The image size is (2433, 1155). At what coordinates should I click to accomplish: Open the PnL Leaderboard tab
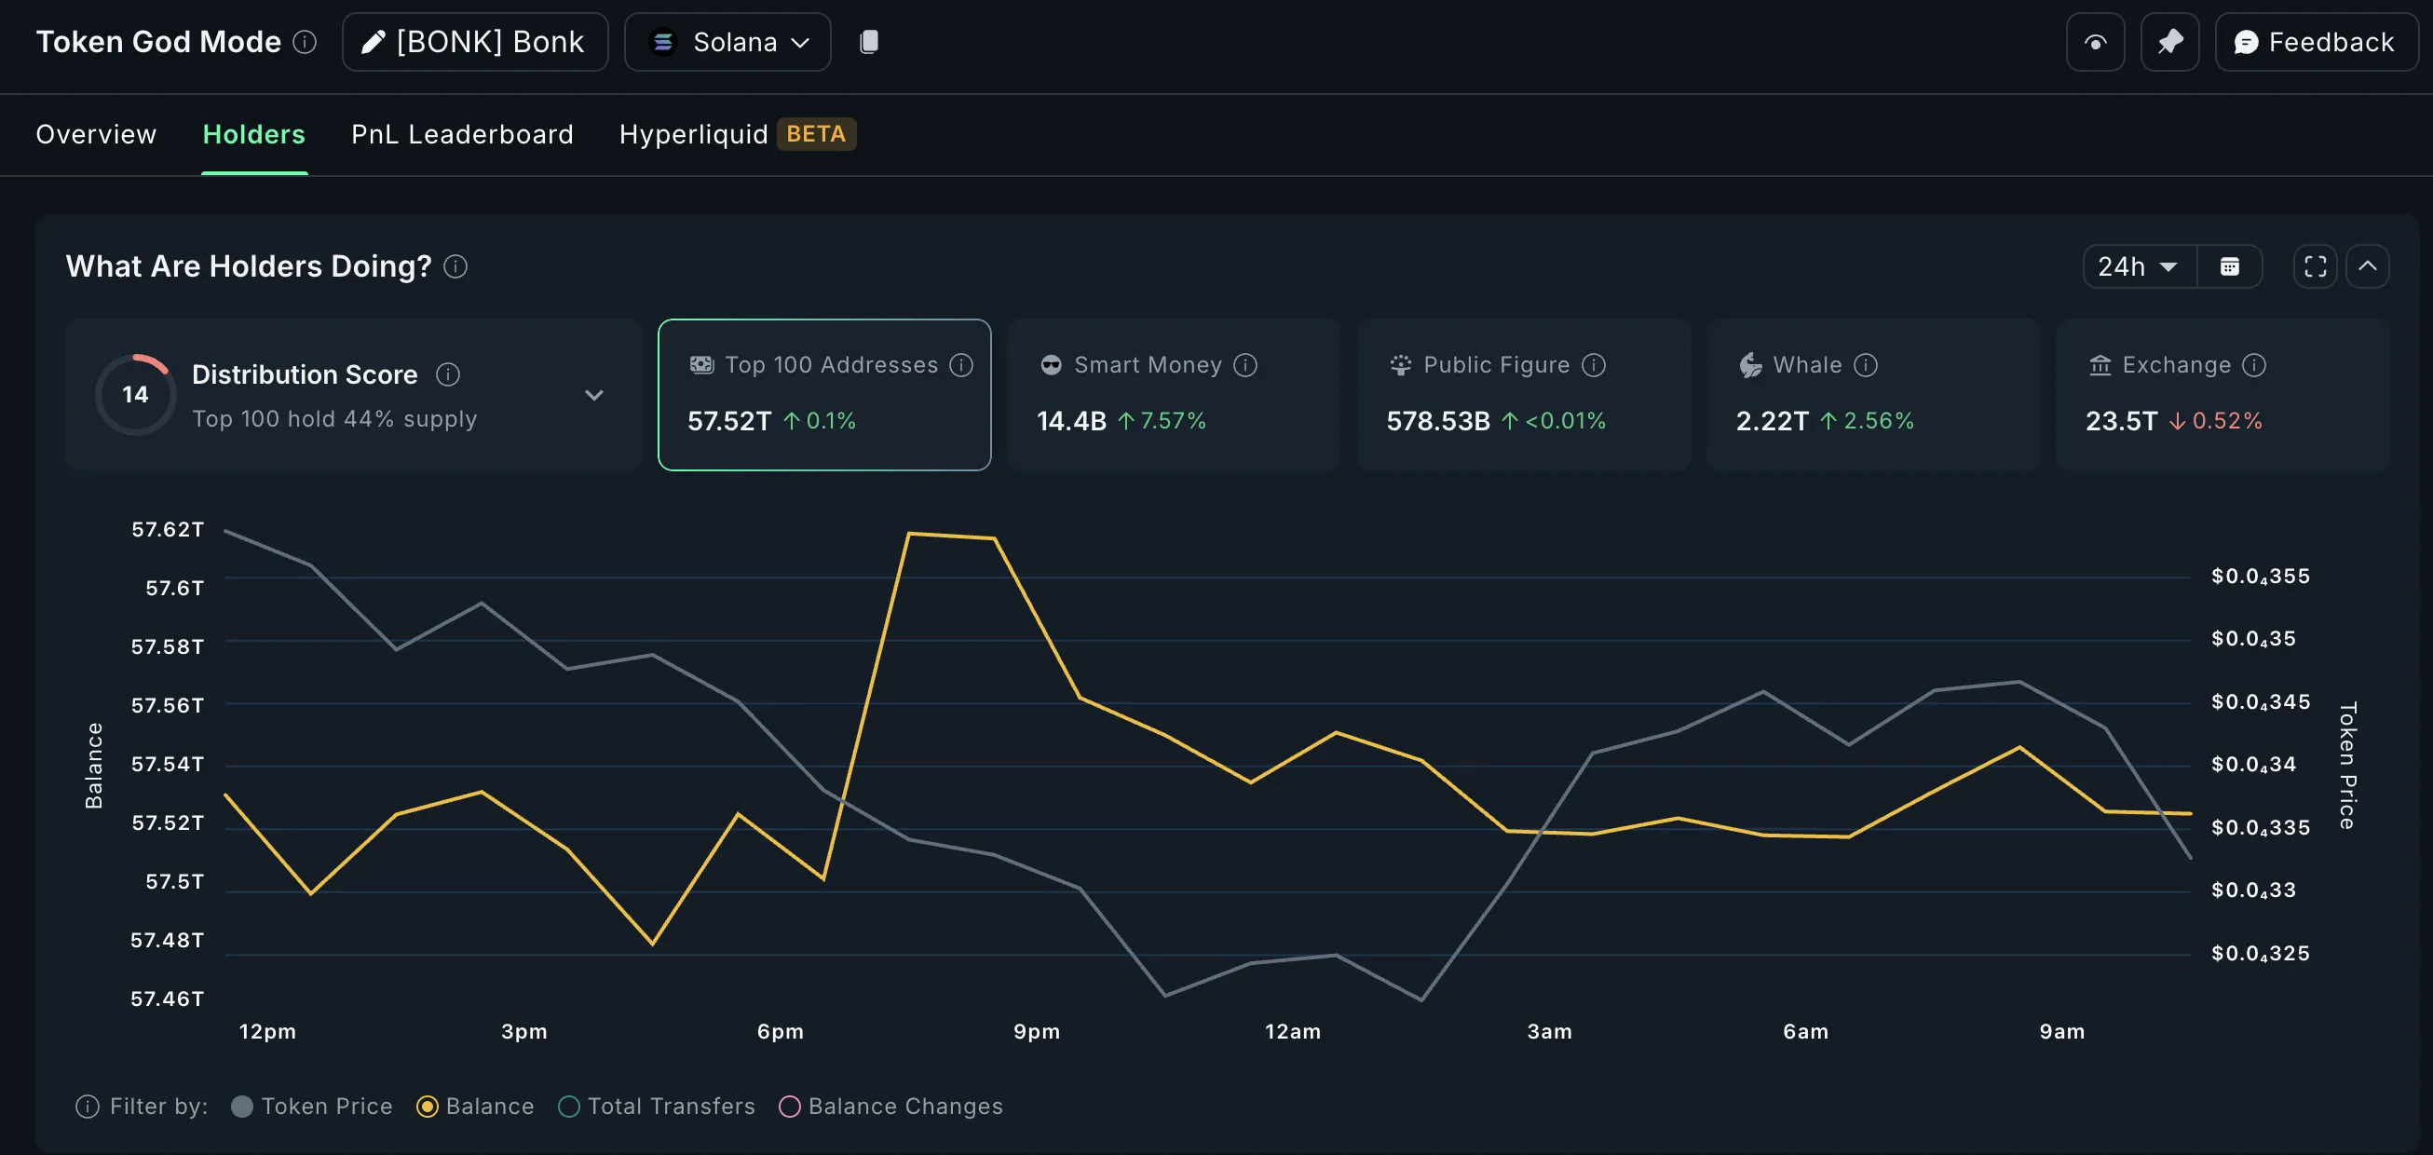point(462,134)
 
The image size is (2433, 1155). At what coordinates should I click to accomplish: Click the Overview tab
point(96,134)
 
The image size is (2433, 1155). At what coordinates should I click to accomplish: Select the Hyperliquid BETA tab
point(736,134)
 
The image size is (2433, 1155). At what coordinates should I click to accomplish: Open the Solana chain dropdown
point(727,43)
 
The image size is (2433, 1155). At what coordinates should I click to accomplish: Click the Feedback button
point(2315,43)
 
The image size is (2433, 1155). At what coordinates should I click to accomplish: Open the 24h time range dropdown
point(2139,267)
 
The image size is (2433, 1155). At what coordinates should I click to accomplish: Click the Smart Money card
point(1173,395)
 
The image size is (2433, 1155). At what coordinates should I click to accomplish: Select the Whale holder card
point(1872,395)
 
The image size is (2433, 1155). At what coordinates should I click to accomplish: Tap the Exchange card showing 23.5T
point(2222,395)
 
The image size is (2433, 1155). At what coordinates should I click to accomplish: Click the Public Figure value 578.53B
point(1437,421)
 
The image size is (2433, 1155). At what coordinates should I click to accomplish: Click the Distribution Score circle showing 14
point(135,395)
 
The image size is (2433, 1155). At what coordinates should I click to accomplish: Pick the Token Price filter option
point(243,1107)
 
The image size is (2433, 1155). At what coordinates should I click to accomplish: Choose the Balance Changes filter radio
point(790,1107)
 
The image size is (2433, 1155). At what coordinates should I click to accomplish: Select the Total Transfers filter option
point(569,1107)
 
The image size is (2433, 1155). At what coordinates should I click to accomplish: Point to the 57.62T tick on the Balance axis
point(167,530)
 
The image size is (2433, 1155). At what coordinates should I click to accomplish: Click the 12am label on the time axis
point(1292,1032)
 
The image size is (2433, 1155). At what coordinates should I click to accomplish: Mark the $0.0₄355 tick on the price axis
point(2259,577)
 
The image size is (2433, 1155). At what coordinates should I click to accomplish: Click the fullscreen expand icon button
point(2315,267)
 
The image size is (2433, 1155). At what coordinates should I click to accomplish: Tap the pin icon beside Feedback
point(2169,43)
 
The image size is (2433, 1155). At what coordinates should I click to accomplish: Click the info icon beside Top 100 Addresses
point(961,365)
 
